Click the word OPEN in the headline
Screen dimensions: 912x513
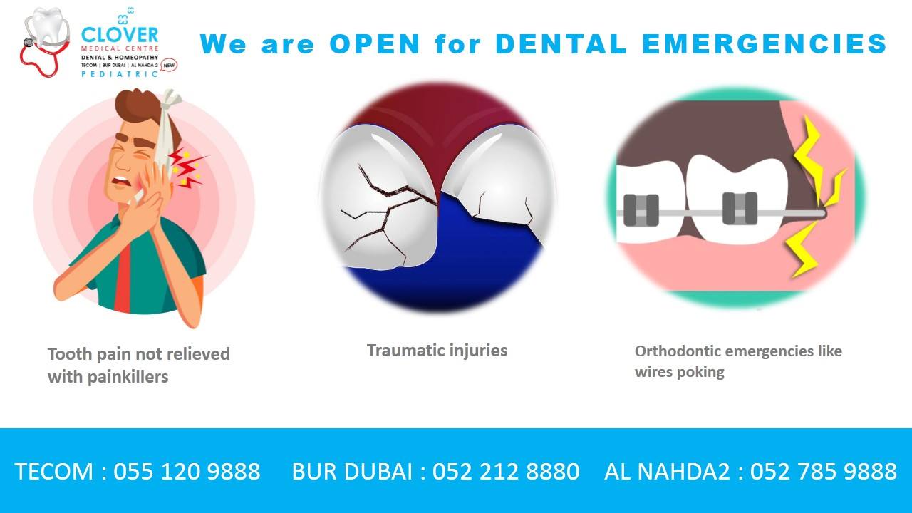point(375,43)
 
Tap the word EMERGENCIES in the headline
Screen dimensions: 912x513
point(765,43)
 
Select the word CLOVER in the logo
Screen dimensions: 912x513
point(120,35)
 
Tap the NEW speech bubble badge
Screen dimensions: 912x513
point(169,65)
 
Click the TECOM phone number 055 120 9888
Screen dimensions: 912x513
point(187,472)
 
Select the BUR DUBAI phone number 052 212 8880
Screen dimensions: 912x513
point(506,472)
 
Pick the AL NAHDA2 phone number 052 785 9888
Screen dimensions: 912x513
point(824,472)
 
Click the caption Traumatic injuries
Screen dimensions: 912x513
point(437,351)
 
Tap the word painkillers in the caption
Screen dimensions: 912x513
point(128,377)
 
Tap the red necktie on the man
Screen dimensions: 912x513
point(122,278)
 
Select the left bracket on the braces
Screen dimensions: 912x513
point(641,210)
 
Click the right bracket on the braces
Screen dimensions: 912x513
point(740,209)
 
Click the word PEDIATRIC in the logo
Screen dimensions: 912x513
point(120,74)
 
